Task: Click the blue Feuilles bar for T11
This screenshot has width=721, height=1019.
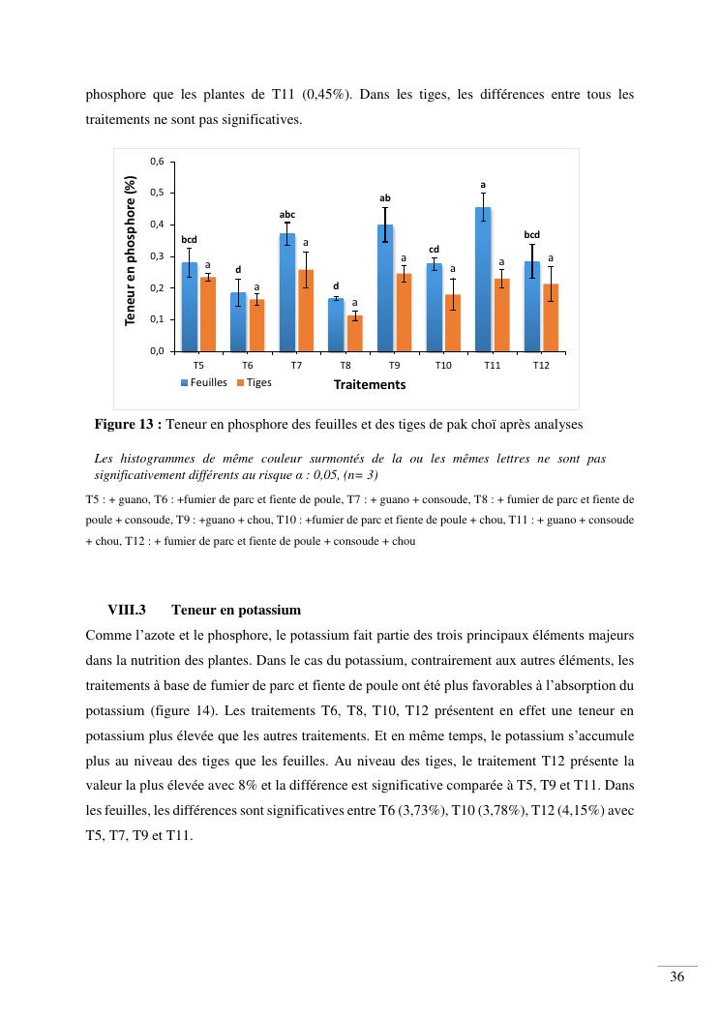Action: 483,281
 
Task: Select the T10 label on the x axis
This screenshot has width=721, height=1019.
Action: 443,366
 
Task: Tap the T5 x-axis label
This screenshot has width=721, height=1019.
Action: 198,366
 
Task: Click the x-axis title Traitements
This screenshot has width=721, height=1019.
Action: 370,384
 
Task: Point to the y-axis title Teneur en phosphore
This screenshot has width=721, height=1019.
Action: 132,250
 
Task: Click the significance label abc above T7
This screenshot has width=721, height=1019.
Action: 287,214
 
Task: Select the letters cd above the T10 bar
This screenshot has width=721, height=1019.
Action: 435,249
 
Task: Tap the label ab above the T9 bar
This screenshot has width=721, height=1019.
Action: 385,197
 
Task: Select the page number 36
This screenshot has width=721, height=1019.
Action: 677,976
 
